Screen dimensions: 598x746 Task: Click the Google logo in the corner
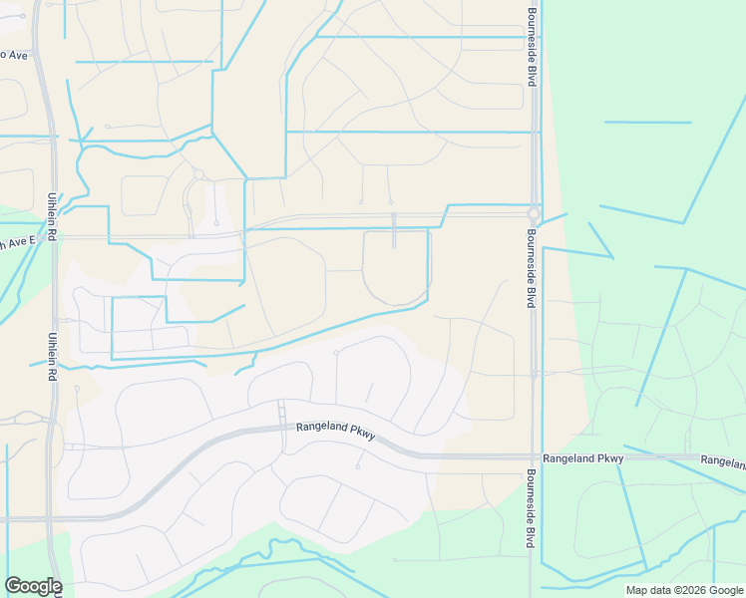tap(33, 586)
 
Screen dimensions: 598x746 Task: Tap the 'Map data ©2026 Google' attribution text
tap(684, 590)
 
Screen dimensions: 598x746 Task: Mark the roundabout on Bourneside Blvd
tap(534, 213)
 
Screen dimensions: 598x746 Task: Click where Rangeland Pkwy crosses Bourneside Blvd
tap(535, 456)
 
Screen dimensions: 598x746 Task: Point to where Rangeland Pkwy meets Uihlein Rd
tap(52, 518)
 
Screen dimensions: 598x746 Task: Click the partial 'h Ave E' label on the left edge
tap(17, 241)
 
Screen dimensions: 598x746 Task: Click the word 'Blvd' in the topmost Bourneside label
tap(533, 74)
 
